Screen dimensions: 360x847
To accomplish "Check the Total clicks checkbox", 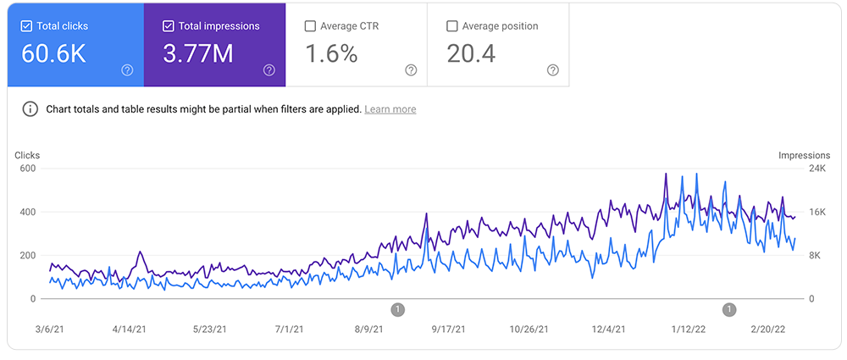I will pyautogui.click(x=26, y=26).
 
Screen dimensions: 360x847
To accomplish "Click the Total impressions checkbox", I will pyautogui.click(x=169, y=26).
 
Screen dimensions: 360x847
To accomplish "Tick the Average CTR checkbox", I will pyautogui.click(x=310, y=26).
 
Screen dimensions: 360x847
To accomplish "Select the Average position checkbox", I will pyautogui.click(x=452, y=26).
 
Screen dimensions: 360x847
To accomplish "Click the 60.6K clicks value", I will pyautogui.click(x=55, y=54).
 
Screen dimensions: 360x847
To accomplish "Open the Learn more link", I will pyautogui.click(x=390, y=109).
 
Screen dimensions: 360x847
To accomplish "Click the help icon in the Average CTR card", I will pyautogui.click(x=411, y=70).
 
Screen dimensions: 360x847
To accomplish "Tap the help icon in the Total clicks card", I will pyautogui.click(x=127, y=70).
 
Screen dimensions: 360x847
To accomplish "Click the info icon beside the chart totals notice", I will pyautogui.click(x=30, y=109).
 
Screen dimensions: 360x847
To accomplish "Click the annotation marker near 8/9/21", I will pyautogui.click(x=398, y=310).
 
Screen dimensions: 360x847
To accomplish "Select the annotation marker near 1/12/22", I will pyautogui.click(x=729, y=310).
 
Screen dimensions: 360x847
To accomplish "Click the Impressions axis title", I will pyautogui.click(x=805, y=155).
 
